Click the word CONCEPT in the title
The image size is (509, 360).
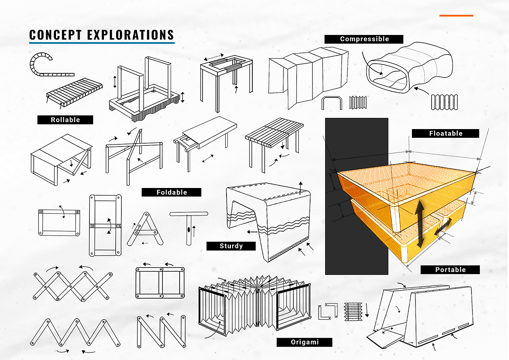coord(55,35)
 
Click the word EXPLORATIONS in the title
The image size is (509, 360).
coord(131,35)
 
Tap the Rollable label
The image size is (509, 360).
coord(65,120)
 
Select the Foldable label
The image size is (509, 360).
coord(172,192)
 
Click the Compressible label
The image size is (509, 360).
coord(364,39)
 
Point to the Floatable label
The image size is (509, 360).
coord(446,133)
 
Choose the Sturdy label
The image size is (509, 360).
coord(231,246)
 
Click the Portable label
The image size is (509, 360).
coord(450,270)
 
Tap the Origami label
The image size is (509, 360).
coord(305,342)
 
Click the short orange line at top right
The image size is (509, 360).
coord(456,16)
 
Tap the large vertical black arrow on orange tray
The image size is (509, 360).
coord(420,224)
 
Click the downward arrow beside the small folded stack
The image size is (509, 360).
coord(367,310)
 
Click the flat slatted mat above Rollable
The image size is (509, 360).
coord(75,92)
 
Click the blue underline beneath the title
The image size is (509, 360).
coord(102,43)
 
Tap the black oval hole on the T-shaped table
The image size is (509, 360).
coord(189,229)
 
